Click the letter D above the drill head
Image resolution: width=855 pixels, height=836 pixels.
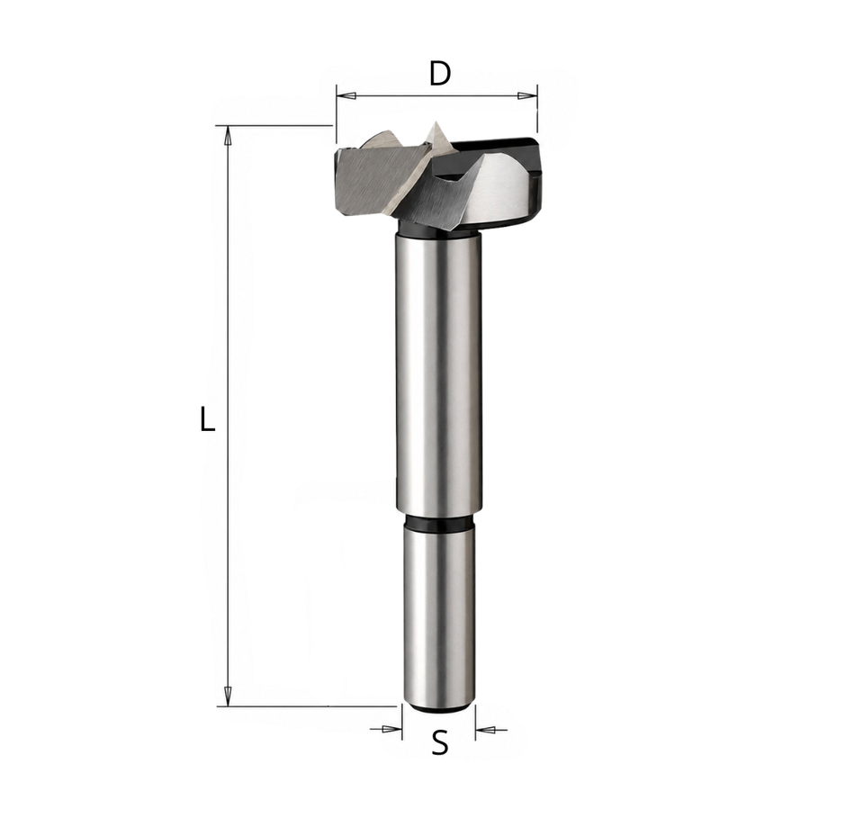coord(439,74)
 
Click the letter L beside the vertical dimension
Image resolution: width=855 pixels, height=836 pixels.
coord(207,418)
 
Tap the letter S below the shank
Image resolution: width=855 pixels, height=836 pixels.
coord(439,742)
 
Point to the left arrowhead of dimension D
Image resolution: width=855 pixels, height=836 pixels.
coord(346,96)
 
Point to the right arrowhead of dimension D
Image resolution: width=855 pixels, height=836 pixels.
coord(526,96)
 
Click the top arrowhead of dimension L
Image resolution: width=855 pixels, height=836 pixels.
coord(229,137)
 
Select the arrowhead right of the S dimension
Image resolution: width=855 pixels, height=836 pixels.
coord(485,729)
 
